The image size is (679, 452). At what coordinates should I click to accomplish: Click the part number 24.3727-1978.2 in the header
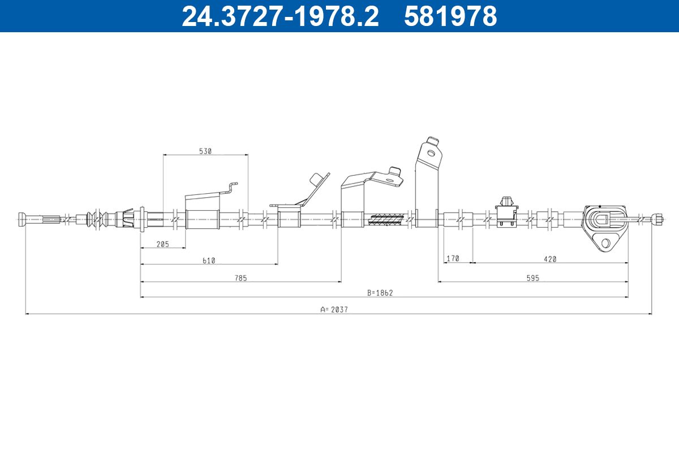280,16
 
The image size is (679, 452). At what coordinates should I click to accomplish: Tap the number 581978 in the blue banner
450,16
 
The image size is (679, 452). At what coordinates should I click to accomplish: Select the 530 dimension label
205,151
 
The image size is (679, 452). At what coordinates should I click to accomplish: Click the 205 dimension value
163,244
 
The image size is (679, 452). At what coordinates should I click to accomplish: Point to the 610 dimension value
209,260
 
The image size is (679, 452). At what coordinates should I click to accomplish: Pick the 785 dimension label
240,278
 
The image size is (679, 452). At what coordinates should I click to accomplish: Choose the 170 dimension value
453,259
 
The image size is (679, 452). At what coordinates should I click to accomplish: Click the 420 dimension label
550,259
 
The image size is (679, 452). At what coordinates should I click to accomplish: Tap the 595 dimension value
532,278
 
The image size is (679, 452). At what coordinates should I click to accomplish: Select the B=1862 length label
380,293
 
